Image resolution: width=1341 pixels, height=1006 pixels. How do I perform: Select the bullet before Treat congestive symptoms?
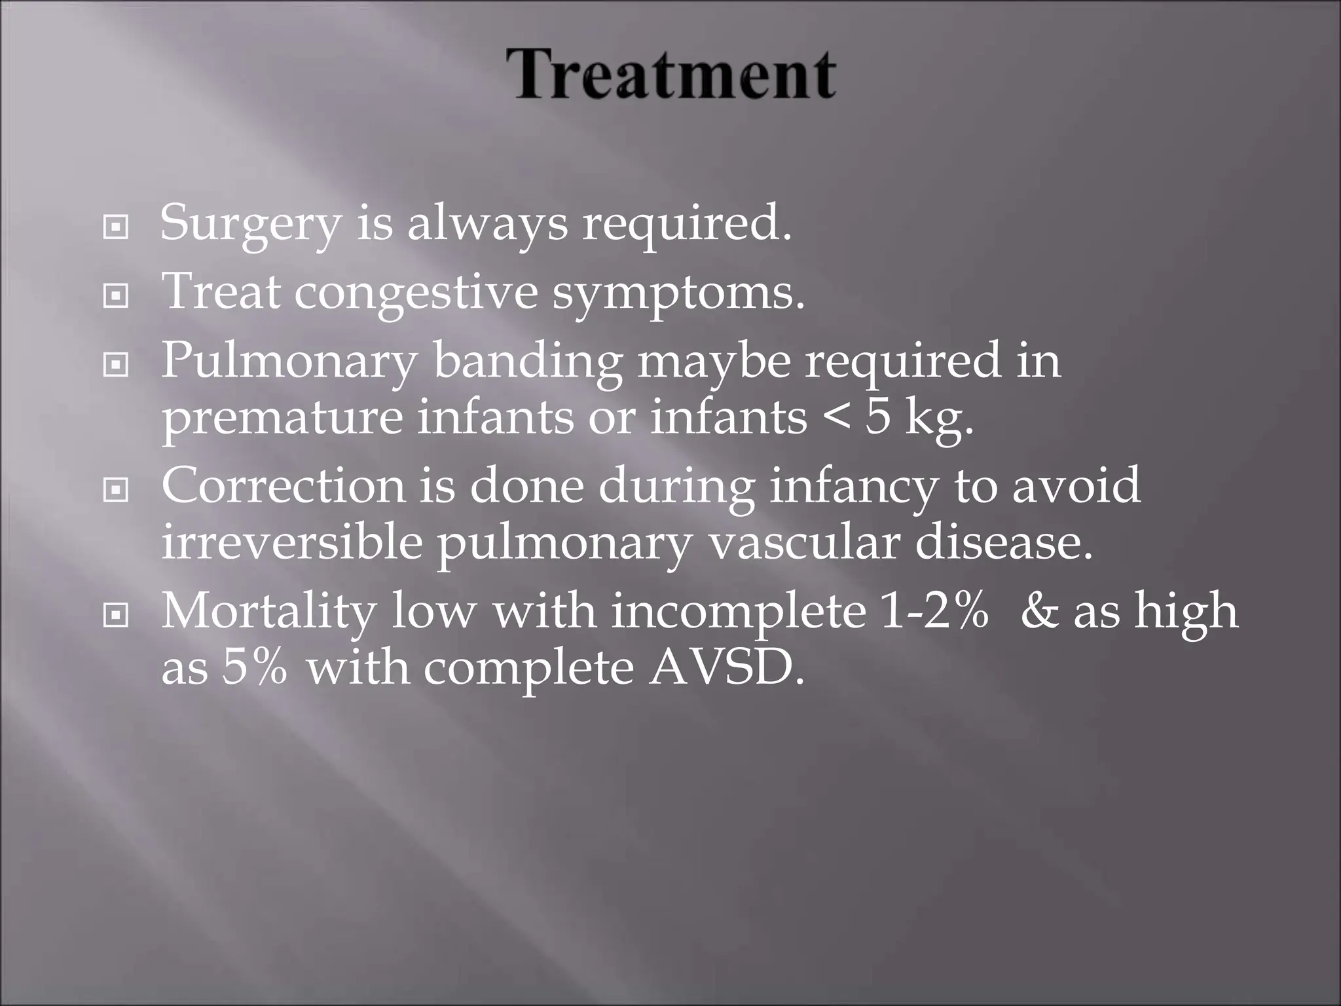(x=116, y=297)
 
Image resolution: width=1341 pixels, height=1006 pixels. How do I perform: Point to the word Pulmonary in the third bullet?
(x=288, y=361)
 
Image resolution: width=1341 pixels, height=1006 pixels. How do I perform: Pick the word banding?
(x=528, y=361)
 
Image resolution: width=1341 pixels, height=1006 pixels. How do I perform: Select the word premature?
(x=282, y=419)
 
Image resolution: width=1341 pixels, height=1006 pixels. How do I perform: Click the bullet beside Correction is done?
(x=116, y=489)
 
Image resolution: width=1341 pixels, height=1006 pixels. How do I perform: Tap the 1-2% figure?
(x=934, y=610)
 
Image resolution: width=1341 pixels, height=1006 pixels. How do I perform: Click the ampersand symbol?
(x=1038, y=610)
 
